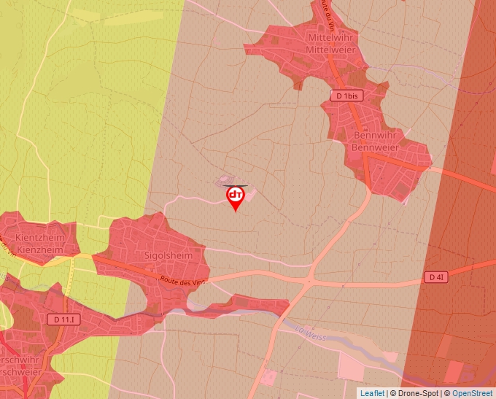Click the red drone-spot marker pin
236,197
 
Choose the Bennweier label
376,147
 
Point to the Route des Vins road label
177,282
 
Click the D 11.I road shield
66,319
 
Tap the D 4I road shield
435,277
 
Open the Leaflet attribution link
372,393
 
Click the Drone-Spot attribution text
415,393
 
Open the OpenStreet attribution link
472,393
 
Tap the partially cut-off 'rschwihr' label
22,360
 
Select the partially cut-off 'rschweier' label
22,372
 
